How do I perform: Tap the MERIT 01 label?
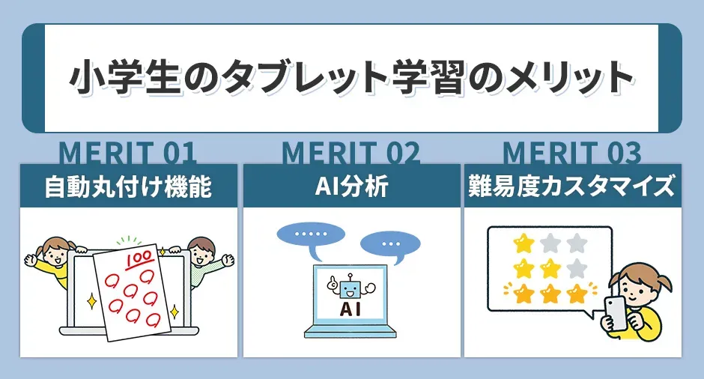coord(127,153)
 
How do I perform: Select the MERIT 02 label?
coord(351,153)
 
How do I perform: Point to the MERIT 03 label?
coord(572,153)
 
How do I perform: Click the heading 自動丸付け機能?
coord(128,187)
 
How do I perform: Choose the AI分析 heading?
coord(351,187)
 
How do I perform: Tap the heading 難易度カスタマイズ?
coord(573,187)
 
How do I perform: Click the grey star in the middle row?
coord(576,267)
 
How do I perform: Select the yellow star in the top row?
coord(521,243)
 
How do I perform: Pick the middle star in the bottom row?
coord(549,293)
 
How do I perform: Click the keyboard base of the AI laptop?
coord(351,333)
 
